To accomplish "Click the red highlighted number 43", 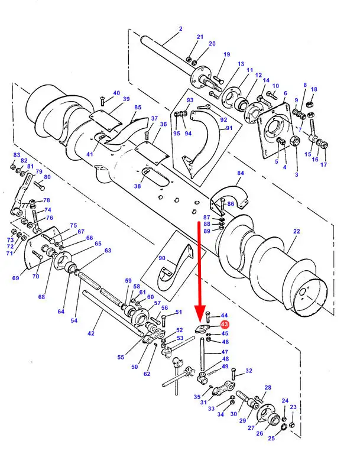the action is [x=224, y=325].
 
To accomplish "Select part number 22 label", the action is [x=296, y=231].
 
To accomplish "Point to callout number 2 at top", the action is [x=181, y=28].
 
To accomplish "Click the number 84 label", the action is [x=241, y=173].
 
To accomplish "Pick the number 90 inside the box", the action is [x=162, y=258].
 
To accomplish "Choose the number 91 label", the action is [x=229, y=128].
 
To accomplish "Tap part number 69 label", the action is [x=15, y=278].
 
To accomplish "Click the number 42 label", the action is [x=91, y=333].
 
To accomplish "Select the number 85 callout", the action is [x=138, y=108].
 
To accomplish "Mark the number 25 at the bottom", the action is [x=271, y=438].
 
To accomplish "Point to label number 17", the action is [x=323, y=164].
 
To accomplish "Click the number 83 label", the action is [x=17, y=155].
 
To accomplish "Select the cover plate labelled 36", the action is [x=152, y=153].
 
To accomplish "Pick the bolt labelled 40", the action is [x=102, y=102].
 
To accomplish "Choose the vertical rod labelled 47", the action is [x=202, y=354].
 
